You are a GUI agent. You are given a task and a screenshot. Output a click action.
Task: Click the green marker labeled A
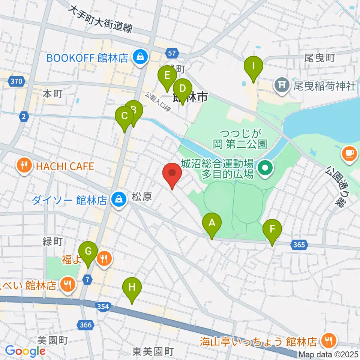click(212, 224)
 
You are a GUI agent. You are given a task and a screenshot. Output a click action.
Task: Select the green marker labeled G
click(88, 252)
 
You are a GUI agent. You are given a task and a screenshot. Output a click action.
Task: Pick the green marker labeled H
click(132, 288)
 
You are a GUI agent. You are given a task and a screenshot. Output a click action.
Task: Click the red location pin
click(172, 174)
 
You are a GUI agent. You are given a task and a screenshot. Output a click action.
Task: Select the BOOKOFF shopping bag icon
click(140, 58)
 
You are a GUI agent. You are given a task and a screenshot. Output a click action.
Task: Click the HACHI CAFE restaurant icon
click(24, 166)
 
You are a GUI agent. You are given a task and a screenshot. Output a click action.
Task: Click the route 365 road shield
click(299, 245)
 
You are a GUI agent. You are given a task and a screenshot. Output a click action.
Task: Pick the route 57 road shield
click(172, 54)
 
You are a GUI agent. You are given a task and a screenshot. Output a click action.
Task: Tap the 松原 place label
click(142, 197)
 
